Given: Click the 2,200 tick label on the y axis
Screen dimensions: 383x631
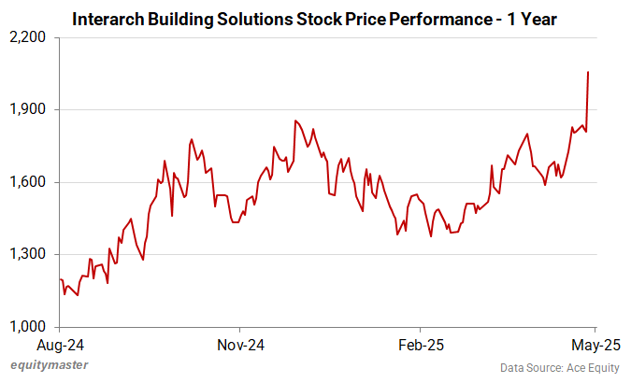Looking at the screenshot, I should tap(28, 37).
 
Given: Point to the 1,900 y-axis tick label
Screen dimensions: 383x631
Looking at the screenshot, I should tap(28, 109).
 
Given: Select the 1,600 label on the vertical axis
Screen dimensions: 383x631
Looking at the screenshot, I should tap(28, 182).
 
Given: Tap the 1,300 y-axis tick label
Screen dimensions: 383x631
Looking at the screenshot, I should tap(28, 254).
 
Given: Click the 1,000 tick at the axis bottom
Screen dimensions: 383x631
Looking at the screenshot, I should tap(28, 327).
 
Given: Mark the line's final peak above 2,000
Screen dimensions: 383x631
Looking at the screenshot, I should tap(587, 72).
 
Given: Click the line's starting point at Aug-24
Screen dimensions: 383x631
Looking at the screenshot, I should tap(60, 279).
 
